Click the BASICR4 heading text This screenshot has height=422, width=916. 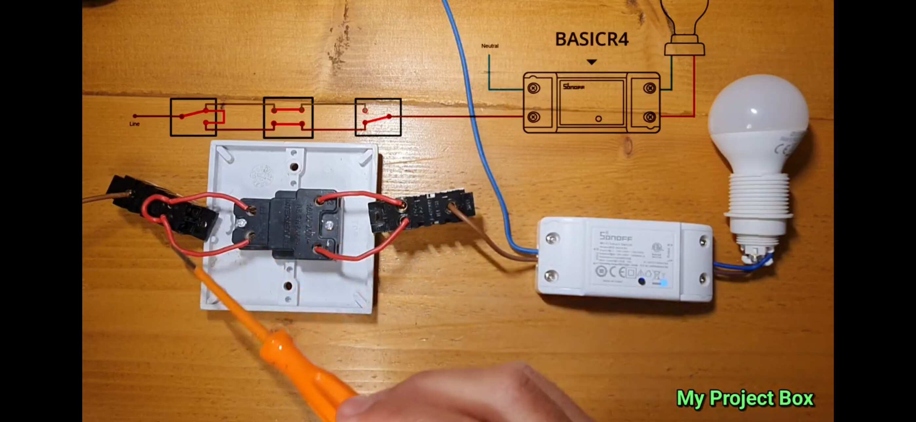[x=592, y=39]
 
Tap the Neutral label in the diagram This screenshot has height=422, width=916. [x=490, y=46]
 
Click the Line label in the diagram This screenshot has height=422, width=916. [x=134, y=124]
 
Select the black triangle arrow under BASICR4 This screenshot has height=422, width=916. [x=592, y=62]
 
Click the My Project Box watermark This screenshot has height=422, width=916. [x=745, y=398]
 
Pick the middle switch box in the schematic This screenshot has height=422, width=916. [x=288, y=117]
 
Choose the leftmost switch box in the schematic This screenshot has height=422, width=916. [x=193, y=117]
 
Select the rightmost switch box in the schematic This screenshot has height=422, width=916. [x=378, y=117]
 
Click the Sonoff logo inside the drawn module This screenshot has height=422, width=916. [x=573, y=87]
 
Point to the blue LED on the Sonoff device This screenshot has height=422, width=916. [x=663, y=283]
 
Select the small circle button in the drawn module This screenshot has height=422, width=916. [x=599, y=119]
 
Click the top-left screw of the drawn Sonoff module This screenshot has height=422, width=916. [x=533, y=88]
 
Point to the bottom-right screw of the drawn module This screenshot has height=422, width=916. [x=649, y=117]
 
